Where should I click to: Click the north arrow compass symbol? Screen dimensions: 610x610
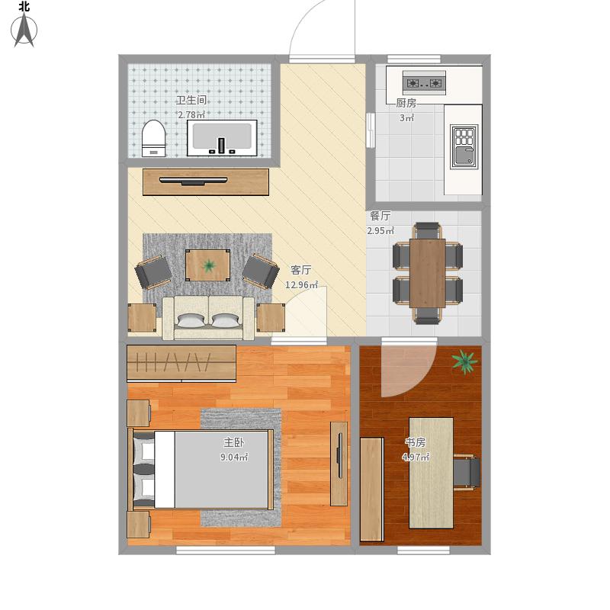pyautogui.click(x=24, y=30)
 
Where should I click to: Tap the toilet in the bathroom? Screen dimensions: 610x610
pyautogui.click(x=154, y=138)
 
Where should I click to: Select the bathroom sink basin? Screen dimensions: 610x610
pyautogui.click(x=222, y=138)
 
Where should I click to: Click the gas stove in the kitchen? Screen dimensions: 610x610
pyautogui.click(x=424, y=83)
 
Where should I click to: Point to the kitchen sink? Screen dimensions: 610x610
pyautogui.click(x=464, y=146)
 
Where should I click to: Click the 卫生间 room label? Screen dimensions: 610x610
pyautogui.click(x=191, y=101)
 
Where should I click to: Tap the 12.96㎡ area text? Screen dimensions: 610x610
pyautogui.click(x=301, y=284)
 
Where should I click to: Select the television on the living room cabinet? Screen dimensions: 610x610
pyautogui.click(x=194, y=181)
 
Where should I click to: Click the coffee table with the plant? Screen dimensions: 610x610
pyautogui.click(x=207, y=265)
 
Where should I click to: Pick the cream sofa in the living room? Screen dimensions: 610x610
pyautogui.click(x=208, y=318)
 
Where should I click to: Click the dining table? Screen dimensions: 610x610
pyautogui.click(x=427, y=273)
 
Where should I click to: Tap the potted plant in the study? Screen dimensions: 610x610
pyautogui.click(x=464, y=361)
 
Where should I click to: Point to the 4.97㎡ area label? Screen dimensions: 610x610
pyautogui.click(x=416, y=457)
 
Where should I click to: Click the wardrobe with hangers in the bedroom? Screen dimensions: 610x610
pyautogui.click(x=181, y=364)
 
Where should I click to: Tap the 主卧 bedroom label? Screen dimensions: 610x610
pyautogui.click(x=234, y=442)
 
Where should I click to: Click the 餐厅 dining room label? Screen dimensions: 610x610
pyautogui.click(x=380, y=216)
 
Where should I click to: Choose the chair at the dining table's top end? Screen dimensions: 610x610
pyautogui.click(x=427, y=230)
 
